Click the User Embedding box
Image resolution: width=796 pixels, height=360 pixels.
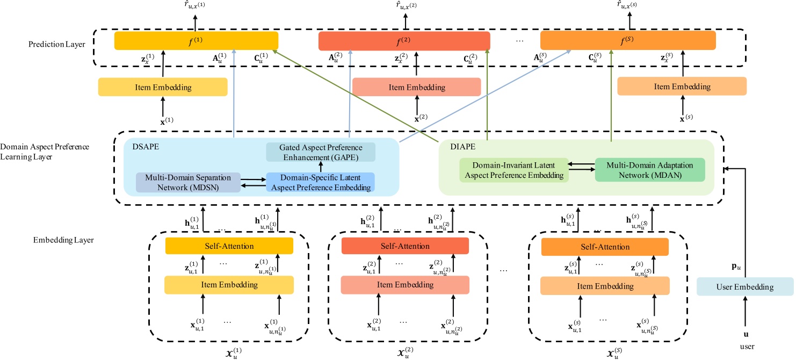point(744,287)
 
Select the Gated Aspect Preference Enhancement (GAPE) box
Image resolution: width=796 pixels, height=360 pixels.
point(320,152)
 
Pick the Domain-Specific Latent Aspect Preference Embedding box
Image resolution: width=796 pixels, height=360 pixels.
point(320,183)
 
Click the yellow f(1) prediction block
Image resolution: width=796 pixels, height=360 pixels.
point(196,41)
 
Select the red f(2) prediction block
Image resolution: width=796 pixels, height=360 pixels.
point(404,41)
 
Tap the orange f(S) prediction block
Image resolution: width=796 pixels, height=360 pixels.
point(628,41)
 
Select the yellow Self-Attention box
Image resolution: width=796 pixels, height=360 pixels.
point(229,246)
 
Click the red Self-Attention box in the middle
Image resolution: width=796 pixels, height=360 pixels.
point(405,246)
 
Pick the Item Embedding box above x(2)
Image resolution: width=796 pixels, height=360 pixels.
point(416,87)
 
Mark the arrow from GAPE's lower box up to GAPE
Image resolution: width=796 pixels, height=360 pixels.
point(321,167)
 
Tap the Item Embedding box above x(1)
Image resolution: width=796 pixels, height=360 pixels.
point(163,87)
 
